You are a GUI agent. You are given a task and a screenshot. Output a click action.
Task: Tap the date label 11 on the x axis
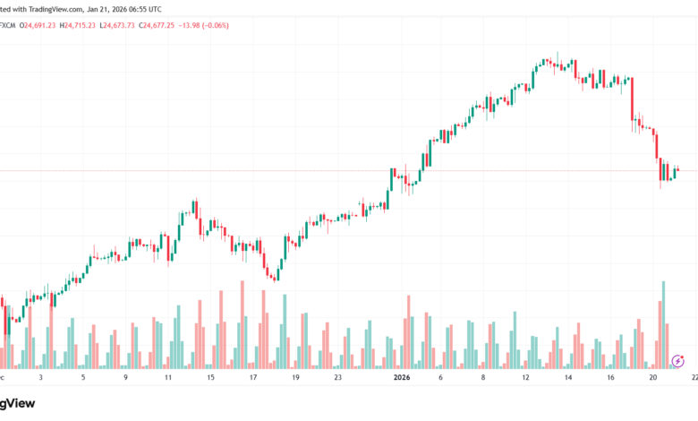[x=167, y=378]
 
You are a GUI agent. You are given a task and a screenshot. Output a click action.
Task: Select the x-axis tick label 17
[x=253, y=378]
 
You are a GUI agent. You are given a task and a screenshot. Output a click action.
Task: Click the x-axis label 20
[x=654, y=378]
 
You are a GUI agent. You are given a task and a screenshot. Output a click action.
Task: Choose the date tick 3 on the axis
[x=40, y=378]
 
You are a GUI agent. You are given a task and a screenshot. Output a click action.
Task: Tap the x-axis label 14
[x=569, y=378]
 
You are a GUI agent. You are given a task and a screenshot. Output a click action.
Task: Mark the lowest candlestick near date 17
[x=273, y=274]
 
